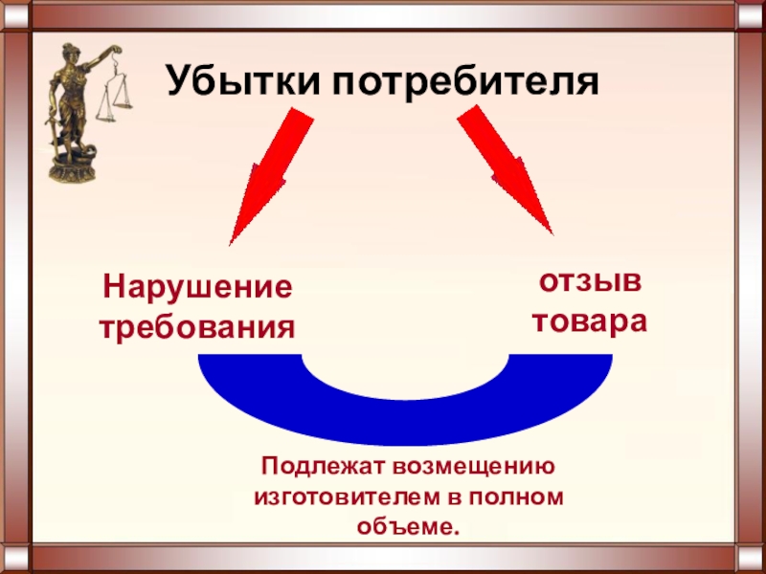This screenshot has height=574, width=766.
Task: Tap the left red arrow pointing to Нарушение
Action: [268, 172]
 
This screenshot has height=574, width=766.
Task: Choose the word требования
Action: [197, 328]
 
